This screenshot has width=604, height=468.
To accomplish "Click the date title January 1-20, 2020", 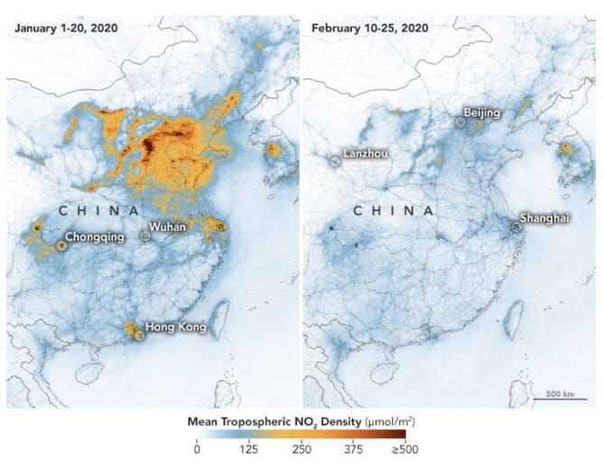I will tap(65, 28).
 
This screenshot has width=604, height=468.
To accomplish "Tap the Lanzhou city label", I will tap(366, 153).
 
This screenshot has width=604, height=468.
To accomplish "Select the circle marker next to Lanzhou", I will tap(336, 161).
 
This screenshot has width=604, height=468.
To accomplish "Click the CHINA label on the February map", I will tap(392, 210).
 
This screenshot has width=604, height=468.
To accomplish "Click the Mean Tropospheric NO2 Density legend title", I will tap(301, 421).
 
